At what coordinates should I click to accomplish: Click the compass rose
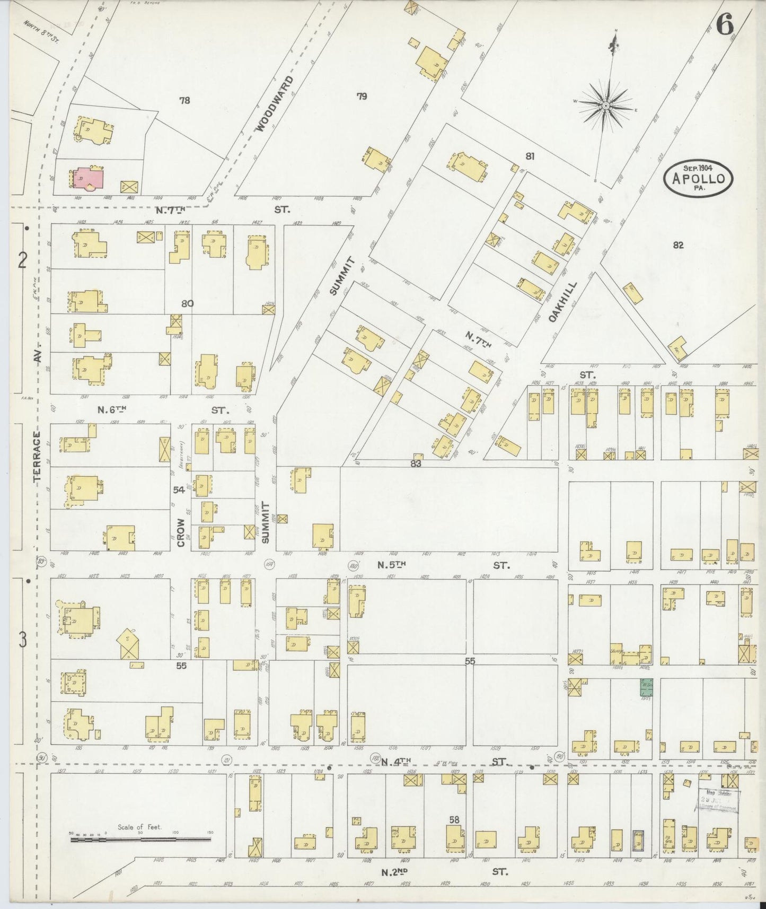tap(606, 106)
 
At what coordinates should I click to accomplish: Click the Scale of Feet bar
tap(141, 840)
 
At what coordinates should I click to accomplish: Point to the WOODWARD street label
tap(273, 103)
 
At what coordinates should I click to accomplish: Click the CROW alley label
tap(181, 532)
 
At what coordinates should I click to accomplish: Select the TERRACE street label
tap(37, 456)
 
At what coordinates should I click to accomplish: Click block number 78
tap(184, 100)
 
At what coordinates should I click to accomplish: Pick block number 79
tap(362, 96)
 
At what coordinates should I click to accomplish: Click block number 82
tap(678, 244)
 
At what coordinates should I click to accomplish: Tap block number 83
tap(415, 463)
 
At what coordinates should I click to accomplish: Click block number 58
tap(454, 819)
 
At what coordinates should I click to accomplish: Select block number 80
tap(187, 303)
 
